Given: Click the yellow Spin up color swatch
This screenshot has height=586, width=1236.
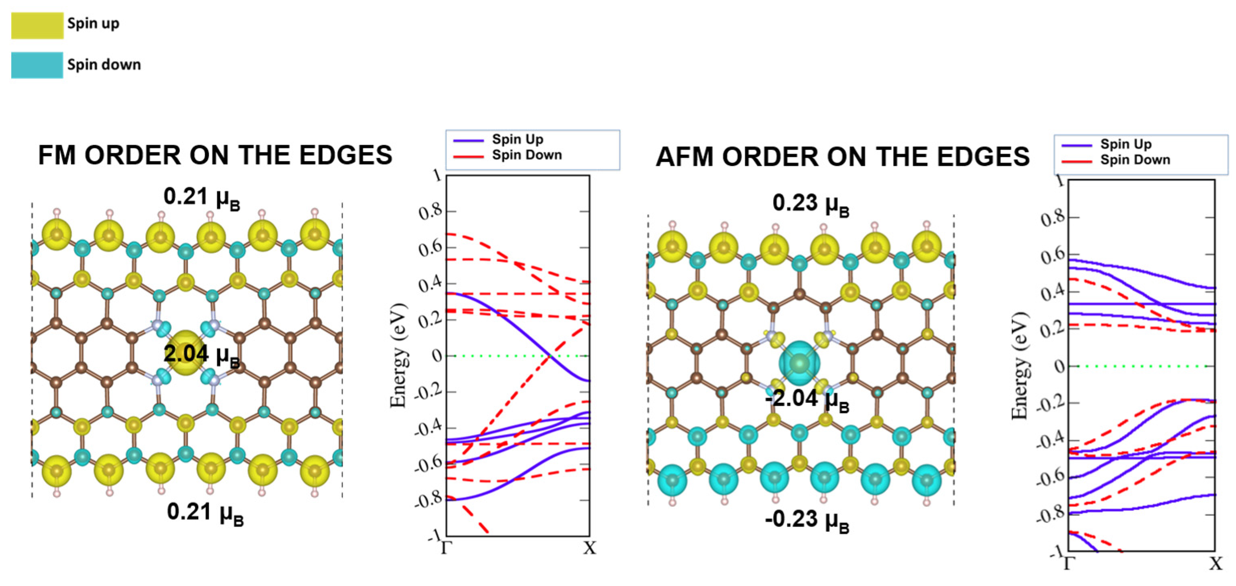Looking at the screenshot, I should coord(37,25).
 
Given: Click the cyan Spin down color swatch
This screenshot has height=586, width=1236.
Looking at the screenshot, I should coord(37,65).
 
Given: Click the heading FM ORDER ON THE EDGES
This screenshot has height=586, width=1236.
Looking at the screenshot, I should coord(215,155).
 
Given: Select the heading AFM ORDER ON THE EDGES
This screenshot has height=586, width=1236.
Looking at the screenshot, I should coord(842,157).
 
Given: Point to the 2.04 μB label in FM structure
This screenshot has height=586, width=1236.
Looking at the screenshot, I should coord(201,355).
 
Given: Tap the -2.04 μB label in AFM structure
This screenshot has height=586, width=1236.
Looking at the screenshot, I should coord(807,400).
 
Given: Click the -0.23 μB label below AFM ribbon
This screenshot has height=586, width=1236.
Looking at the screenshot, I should coord(807,520).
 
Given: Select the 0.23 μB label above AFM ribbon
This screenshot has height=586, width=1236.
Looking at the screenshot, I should coord(810,204).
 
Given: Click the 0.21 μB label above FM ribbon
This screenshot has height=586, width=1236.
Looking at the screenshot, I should coord(202,197).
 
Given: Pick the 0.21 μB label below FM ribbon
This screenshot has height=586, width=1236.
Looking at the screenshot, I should coord(205,513).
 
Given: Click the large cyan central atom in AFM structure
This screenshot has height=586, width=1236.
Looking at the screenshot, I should coord(799,363).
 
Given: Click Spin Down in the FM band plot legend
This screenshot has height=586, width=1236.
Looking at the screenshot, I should coord(526,155).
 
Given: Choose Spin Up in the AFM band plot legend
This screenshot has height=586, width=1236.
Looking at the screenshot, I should coord(1125,144).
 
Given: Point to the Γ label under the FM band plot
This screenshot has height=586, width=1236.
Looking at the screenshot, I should coord(446,548).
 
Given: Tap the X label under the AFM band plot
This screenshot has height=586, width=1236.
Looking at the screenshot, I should coord(1215,563).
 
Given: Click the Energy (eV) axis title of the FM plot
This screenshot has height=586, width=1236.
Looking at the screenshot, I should coord(398,355).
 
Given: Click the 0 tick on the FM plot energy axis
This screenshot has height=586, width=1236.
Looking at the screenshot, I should coord(436,356).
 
